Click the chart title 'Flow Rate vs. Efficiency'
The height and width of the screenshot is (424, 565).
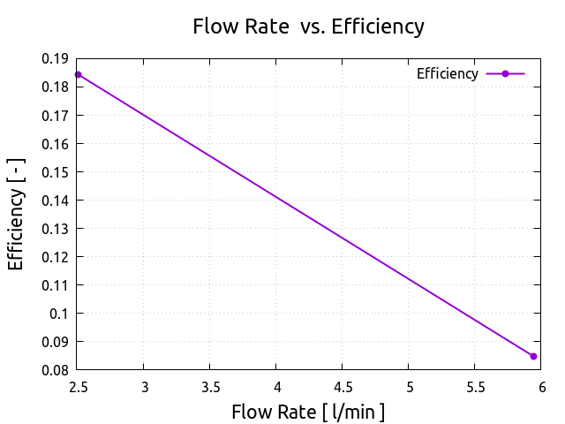tap(308, 26)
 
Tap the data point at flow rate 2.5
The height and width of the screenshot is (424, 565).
tap(79, 74)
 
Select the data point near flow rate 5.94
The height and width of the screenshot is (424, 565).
tap(533, 356)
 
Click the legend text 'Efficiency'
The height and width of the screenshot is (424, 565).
tap(447, 74)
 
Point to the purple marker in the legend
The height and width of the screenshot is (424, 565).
tap(505, 74)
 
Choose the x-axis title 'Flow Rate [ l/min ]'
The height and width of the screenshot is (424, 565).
tap(308, 412)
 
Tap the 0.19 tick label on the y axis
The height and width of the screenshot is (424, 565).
tap(55, 58)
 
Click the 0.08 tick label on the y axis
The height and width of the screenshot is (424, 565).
tap(55, 370)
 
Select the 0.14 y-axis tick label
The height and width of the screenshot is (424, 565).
tap(55, 201)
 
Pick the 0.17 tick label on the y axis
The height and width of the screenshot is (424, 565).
tap(55, 115)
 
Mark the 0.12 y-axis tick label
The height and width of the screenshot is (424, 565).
tap(55, 257)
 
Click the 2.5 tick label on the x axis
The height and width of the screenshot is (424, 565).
tap(79, 386)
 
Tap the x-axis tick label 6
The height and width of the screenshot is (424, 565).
tap(541, 386)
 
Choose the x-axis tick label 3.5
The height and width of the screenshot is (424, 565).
tap(210, 386)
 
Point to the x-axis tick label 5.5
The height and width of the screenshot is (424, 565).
tap(475, 386)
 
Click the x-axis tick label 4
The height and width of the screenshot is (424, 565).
tap(276, 386)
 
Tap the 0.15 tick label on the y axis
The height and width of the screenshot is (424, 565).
tap(55, 171)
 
